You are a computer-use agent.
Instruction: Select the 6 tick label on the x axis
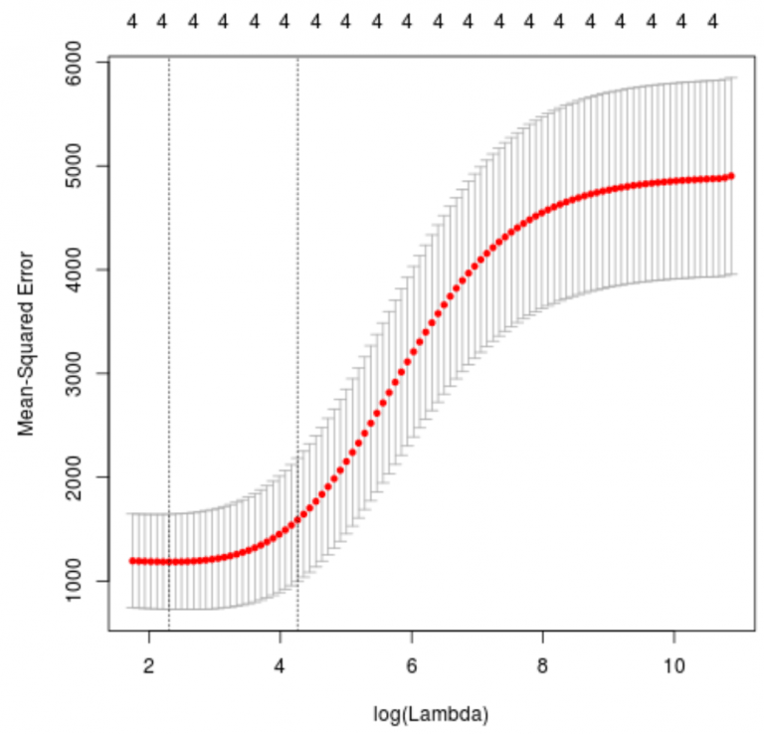pyautogui.click(x=412, y=664)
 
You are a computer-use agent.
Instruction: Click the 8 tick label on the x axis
pyautogui.click(x=543, y=664)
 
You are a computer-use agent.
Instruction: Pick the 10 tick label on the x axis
pyautogui.click(x=674, y=664)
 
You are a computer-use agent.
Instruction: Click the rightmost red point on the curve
pyautogui.click(x=731, y=176)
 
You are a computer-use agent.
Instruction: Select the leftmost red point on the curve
pyautogui.click(x=131, y=561)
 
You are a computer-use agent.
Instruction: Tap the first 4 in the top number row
pyautogui.click(x=131, y=20)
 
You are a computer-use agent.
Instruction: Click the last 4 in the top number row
pyautogui.click(x=713, y=20)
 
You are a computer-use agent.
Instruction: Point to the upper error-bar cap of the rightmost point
pyautogui.click(x=731, y=78)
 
